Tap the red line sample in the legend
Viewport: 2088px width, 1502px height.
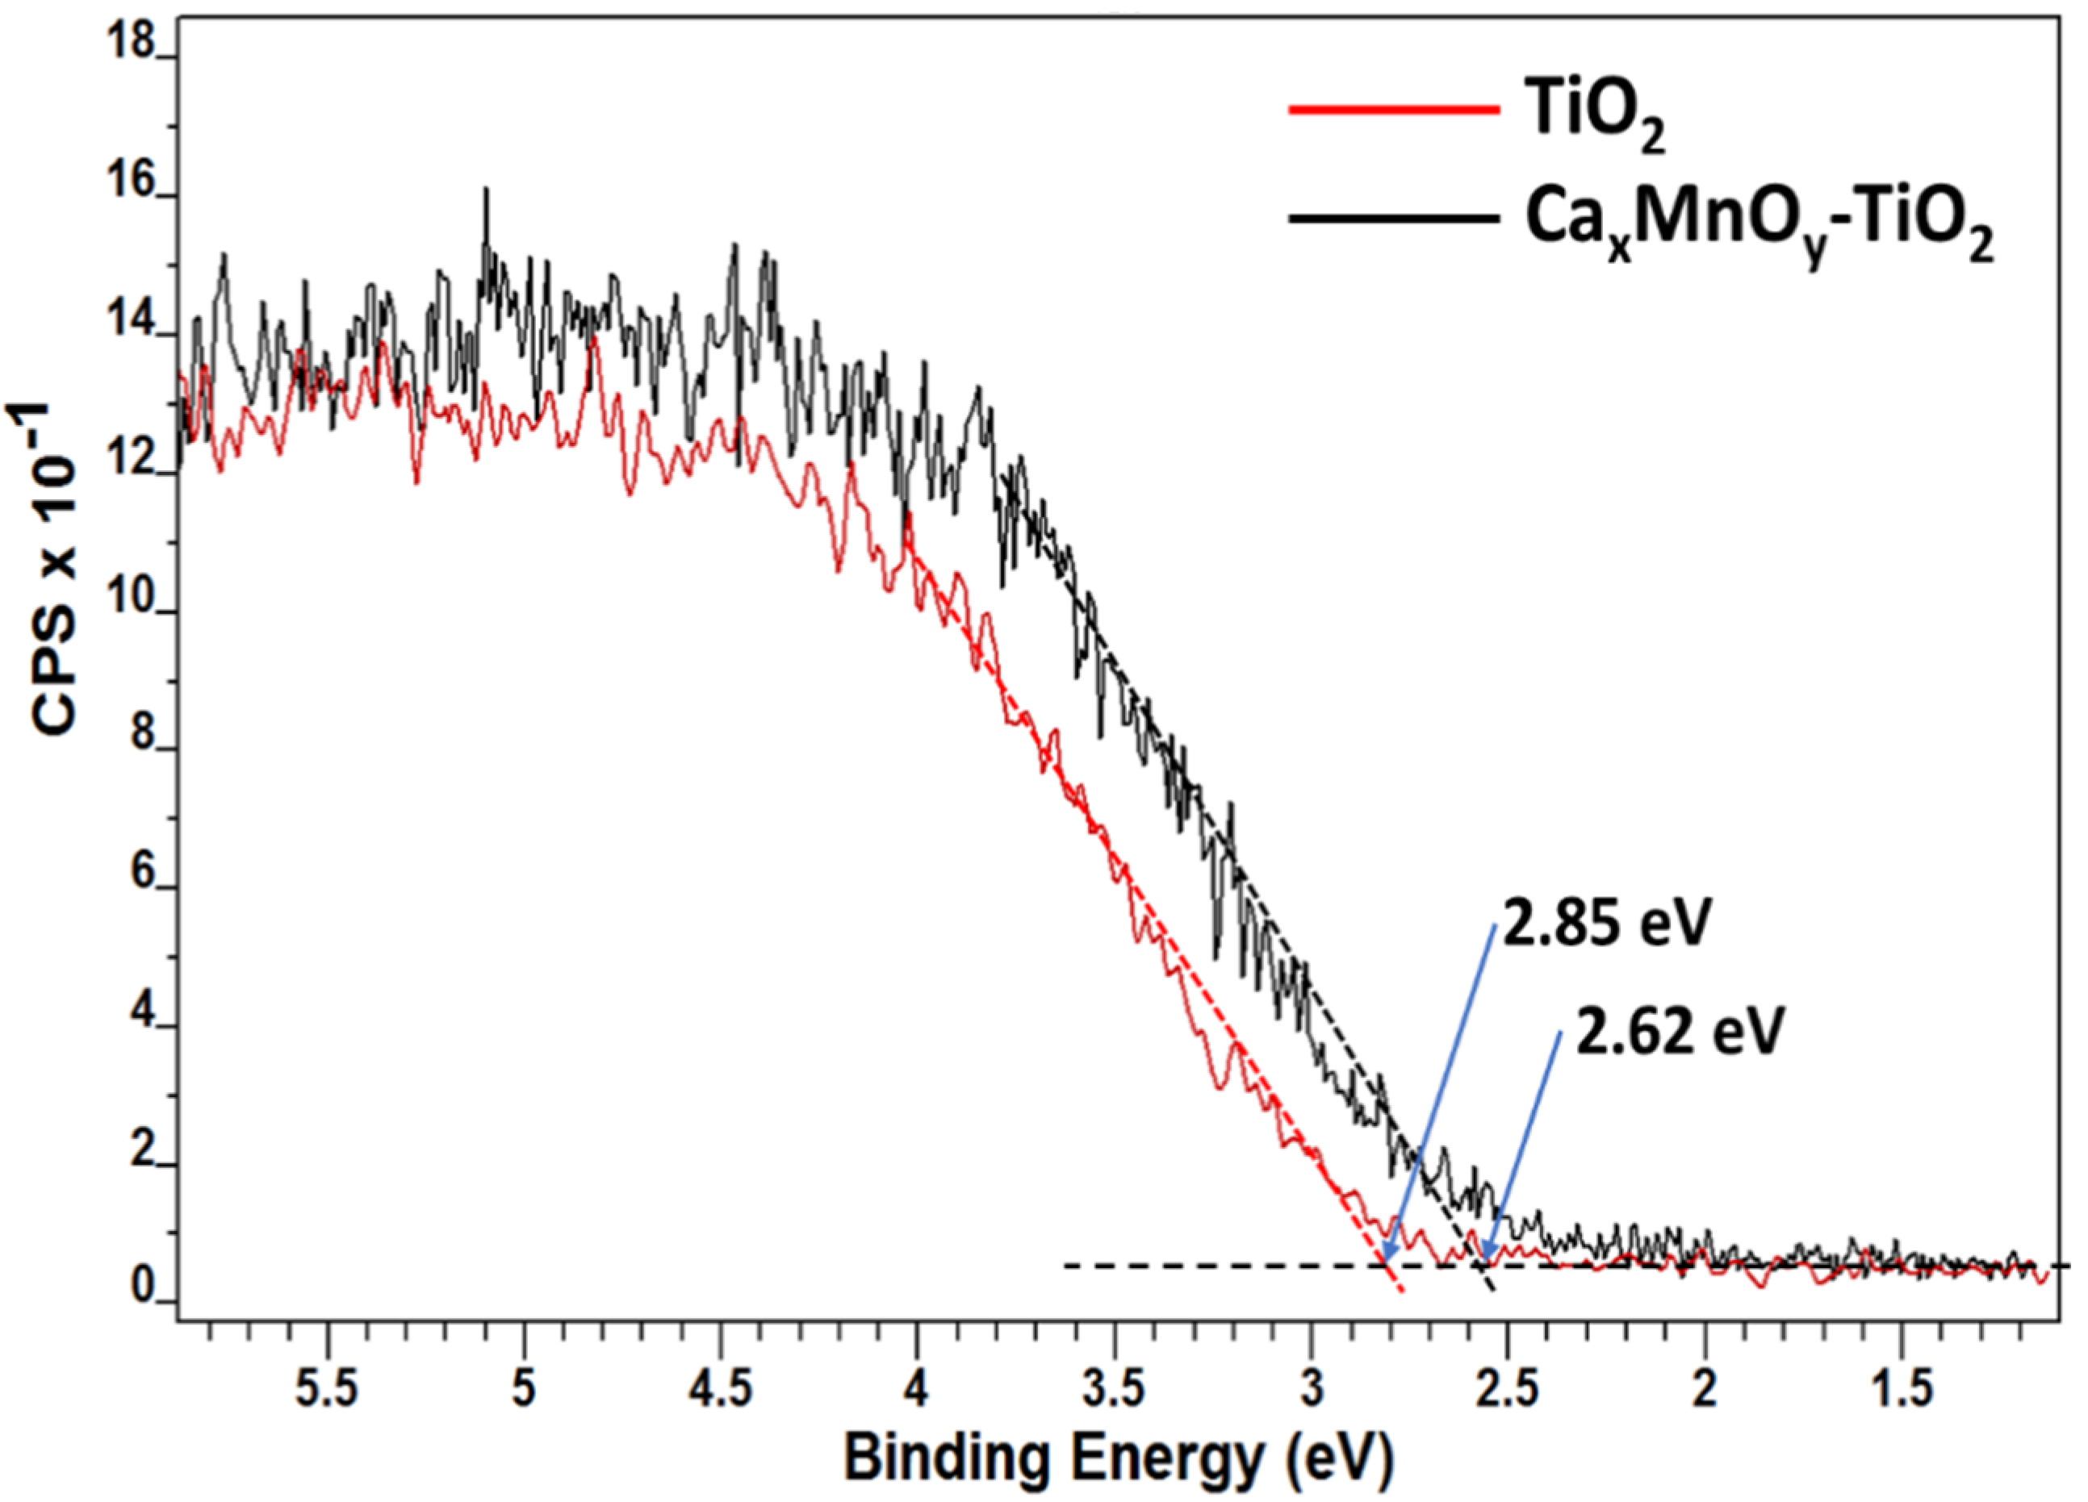click(1395, 111)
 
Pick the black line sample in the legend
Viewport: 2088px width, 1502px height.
click(1395, 218)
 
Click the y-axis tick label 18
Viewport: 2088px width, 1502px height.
click(129, 42)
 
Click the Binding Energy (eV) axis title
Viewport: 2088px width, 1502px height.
click(1119, 1458)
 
